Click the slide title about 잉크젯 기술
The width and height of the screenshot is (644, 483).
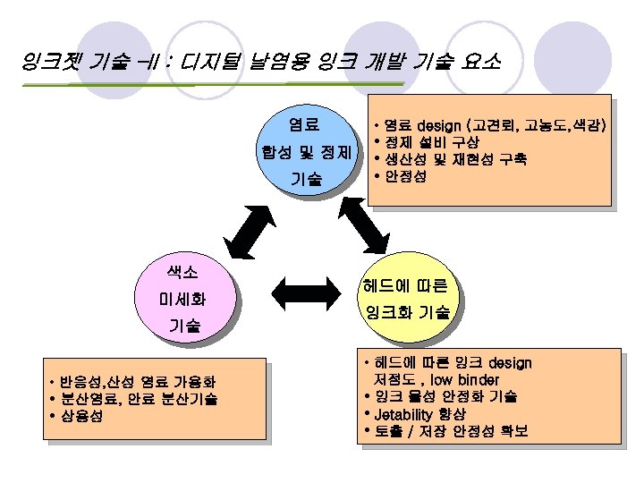(x=260, y=64)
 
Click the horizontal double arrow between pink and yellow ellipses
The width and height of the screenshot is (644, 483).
(x=300, y=291)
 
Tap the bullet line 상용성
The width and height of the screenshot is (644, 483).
(x=80, y=416)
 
